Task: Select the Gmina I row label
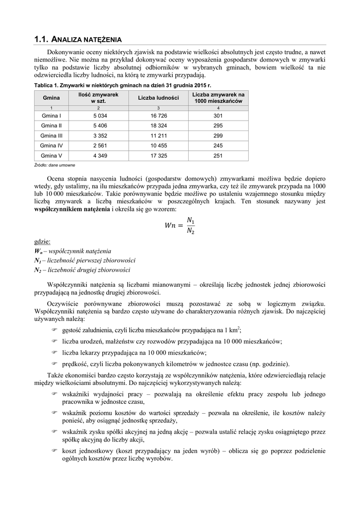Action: pyautogui.click(x=51, y=115)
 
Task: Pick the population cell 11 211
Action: pyautogui.click(x=158, y=135)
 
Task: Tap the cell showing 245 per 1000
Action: pyautogui.click(x=218, y=145)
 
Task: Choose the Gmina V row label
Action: pyautogui.click(x=51, y=156)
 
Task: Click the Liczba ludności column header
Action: pyautogui.click(x=158, y=98)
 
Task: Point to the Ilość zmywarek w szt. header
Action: pyautogui.click(x=98, y=98)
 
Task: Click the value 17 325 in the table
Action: pyautogui.click(x=158, y=156)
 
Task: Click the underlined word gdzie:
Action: pyautogui.click(x=42, y=242)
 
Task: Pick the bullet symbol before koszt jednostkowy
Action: pyautogui.click(x=55, y=451)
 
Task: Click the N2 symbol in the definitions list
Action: pyautogui.click(x=37, y=270)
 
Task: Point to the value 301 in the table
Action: pyautogui.click(x=218, y=115)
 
